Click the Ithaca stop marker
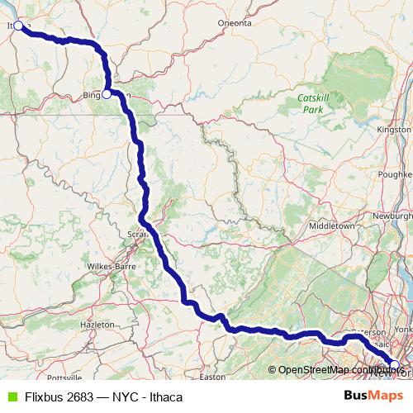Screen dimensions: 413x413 pos(18,26)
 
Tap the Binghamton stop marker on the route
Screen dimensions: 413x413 pos(107,94)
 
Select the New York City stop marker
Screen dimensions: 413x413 pos(394,364)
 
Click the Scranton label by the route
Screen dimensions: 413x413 pos(136,234)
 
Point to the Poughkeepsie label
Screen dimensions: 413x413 pos(396,175)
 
